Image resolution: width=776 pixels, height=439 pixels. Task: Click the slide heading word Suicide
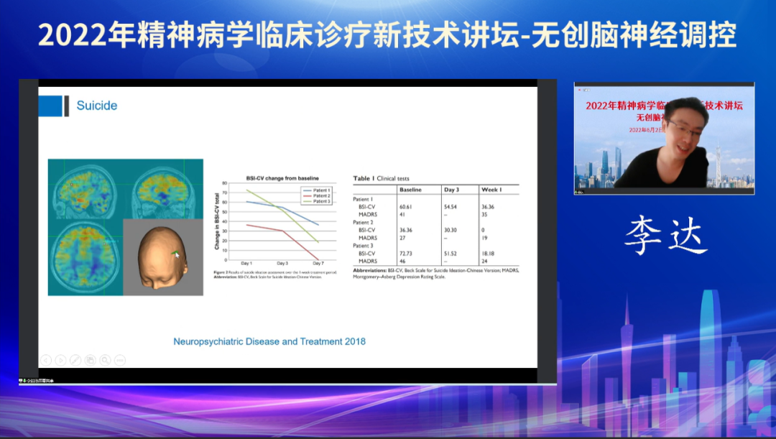point(96,106)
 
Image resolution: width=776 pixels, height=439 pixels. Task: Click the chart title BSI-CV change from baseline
point(282,177)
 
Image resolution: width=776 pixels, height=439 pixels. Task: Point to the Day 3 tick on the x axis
point(282,264)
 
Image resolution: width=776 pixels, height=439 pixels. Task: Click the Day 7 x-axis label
point(318,264)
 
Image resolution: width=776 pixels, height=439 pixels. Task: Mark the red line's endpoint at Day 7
point(318,259)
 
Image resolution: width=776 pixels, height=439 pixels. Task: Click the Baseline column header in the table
point(410,189)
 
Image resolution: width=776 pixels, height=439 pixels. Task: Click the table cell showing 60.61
point(407,206)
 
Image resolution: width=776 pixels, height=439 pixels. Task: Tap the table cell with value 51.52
point(450,254)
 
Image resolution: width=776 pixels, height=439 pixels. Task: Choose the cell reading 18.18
point(489,254)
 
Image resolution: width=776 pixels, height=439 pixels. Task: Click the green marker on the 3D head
point(175,253)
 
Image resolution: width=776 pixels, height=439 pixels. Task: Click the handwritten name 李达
point(665,236)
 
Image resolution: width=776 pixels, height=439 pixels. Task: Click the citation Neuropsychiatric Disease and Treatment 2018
point(269,341)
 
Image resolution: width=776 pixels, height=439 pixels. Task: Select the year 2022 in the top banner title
point(71,34)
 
